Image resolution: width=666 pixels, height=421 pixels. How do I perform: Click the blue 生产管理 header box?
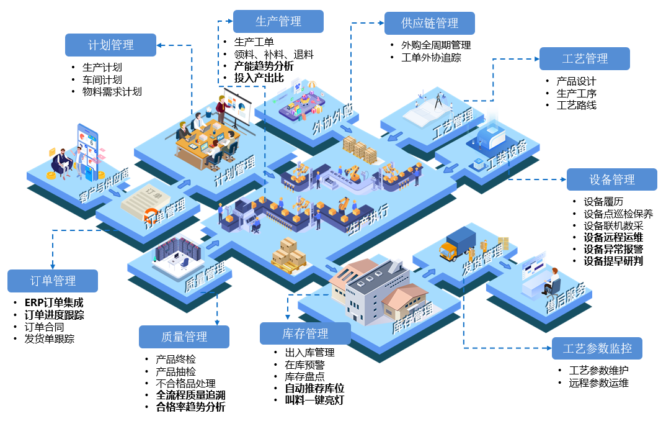coord(278,22)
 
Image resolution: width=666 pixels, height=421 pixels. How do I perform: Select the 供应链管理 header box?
coord(430,24)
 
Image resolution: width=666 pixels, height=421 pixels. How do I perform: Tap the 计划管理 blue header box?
coord(111,45)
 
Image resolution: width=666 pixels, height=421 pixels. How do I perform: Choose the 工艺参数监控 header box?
coord(597,348)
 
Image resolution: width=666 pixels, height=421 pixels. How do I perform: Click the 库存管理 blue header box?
coord(305,333)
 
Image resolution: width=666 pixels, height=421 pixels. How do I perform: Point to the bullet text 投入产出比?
coord(259,78)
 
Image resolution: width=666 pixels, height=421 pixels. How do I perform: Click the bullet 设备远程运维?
coord(613,237)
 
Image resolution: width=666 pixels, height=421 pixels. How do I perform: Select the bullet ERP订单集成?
coord(54,303)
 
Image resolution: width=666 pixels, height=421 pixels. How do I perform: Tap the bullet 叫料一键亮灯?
coord(314,400)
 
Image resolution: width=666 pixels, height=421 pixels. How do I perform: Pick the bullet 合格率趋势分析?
coord(190,407)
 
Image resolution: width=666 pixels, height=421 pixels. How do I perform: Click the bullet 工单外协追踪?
coord(431,58)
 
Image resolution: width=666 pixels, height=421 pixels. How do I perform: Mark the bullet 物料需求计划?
coord(112,91)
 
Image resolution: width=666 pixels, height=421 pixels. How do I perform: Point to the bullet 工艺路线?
coord(577,105)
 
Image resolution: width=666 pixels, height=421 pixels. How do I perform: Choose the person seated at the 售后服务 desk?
coord(551,281)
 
